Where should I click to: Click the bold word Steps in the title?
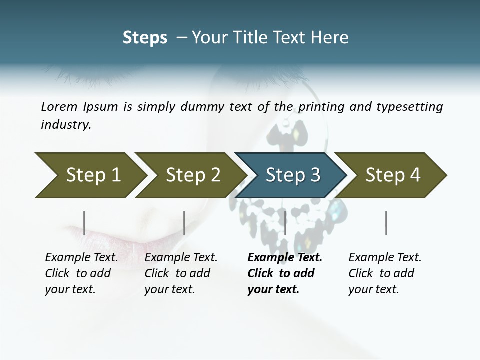point(145,38)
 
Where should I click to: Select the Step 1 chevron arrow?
point(90,175)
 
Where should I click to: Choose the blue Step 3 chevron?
point(292,175)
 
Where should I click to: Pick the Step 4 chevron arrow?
point(392,175)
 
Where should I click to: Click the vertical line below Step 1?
point(84,223)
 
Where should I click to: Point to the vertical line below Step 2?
point(184,223)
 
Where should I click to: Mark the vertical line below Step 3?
point(285,223)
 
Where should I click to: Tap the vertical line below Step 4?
point(386,223)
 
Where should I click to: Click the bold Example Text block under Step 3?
point(284,273)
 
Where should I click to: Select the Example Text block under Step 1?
point(81,273)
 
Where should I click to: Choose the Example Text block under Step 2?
point(181,273)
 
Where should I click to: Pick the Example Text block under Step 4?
point(385,273)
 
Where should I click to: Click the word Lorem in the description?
point(59,107)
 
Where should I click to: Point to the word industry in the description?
point(66,125)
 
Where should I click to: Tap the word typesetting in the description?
point(412,107)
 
